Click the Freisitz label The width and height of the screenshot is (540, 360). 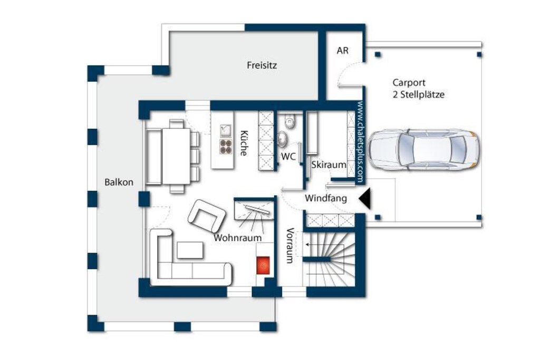(262, 65)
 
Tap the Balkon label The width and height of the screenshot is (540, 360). (119, 182)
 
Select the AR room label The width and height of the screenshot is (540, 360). (343, 51)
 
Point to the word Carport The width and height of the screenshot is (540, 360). (409, 83)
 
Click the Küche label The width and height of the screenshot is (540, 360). (244, 143)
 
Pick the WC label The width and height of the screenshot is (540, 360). (288, 157)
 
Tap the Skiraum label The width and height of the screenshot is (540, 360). (329, 164)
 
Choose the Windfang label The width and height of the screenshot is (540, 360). (325, 198)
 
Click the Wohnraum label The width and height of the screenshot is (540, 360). (238, 238)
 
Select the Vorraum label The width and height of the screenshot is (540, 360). (290, 246)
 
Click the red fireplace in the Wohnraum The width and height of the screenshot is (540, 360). (264, 265)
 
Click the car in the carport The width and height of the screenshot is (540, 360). (423, 150)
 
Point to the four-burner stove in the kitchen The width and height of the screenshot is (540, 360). (226, 147)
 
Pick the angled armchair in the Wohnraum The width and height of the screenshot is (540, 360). (207, 216)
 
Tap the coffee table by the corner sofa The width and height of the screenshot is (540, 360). (190, 250)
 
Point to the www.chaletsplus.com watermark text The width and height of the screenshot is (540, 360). (360, 141)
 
